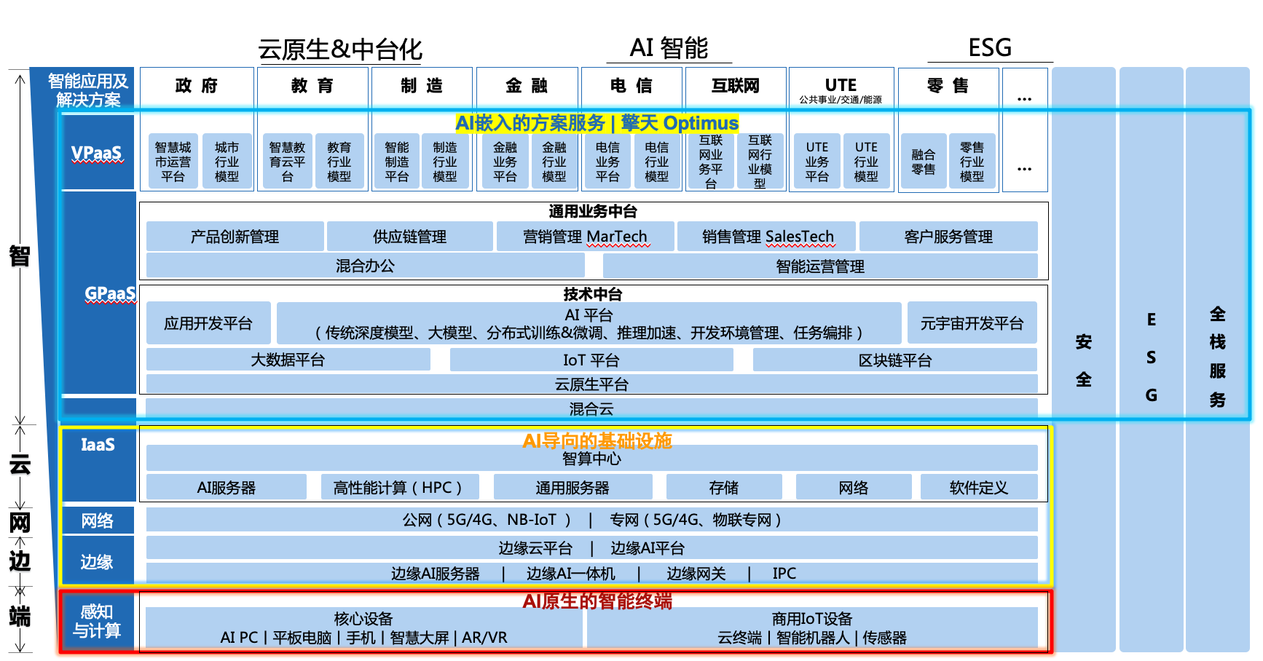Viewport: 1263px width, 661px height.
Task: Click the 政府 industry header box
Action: click(x=197, y=86)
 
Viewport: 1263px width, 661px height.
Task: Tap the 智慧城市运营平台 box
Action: click(x=173, y=162)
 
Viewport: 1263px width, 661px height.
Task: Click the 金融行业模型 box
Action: click(x=554, y=162)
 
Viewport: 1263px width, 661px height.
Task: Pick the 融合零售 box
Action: click(x=923, y=162)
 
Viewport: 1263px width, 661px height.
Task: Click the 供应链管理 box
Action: click(x=409, y=237)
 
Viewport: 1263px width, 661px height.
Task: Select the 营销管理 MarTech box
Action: click(x=585, y=237)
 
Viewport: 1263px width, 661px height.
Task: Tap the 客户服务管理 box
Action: click(x=948, y=237)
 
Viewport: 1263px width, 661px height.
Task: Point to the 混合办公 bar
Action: click(x=365, y=266)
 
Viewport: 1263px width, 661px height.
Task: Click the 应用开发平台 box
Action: click(x=208, y=323)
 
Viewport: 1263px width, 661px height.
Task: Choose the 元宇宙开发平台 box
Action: click(x=972, y=323)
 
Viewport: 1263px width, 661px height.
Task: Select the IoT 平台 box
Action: click(x=591, y=360)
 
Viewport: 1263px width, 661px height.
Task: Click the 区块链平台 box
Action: click(x=894, y=360)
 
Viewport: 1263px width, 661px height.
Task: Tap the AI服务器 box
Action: click(x=226, y=488)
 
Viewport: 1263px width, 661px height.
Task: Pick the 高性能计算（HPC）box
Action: click(x=400, y=488)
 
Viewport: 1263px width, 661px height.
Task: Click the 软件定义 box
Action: click(x=978, y=488)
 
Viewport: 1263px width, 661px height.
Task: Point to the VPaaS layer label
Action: click(x=97, y=153)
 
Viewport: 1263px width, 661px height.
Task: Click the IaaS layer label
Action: click(x=98, y=445)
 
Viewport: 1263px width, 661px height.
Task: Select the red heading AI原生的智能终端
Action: click(x=597, y=601)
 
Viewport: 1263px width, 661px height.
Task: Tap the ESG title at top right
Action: click(x=989, y=48)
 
